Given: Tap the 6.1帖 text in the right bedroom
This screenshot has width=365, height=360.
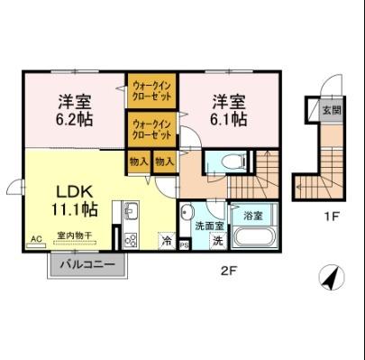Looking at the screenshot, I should coord(231,117).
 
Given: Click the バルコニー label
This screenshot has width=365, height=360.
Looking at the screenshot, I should coord(87,265).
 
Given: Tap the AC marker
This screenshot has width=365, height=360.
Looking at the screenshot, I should coord(36,239).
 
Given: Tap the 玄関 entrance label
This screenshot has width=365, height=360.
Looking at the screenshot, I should coord(331,111).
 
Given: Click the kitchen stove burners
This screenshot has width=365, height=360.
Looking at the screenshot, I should coord(130,239).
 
